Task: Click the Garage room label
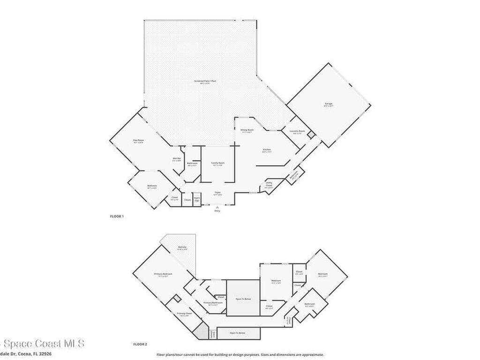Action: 328,104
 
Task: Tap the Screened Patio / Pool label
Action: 205,82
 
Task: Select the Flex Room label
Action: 138,141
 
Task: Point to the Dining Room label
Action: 247,130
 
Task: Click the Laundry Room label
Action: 297,131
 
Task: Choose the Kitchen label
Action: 267,150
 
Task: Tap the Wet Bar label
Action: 177,159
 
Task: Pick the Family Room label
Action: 217,164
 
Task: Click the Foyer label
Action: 217,193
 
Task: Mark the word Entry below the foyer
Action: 217,211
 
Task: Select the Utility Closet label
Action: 269,186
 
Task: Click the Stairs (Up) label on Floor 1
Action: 197,199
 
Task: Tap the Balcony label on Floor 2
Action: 182,247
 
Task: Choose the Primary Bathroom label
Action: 213,303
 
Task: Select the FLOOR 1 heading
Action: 116,217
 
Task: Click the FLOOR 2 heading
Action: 140,344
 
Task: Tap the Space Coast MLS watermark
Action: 42,344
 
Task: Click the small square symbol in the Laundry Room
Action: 310,135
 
